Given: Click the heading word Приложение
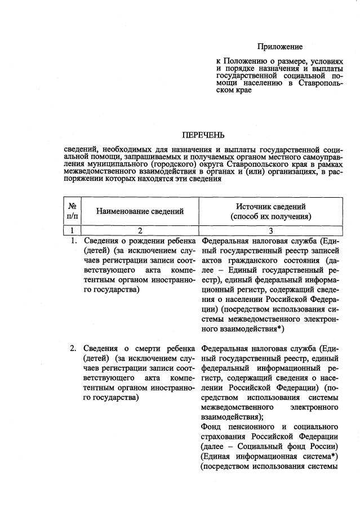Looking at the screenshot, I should coord(280,47).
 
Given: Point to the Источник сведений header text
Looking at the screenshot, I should coord(270,207).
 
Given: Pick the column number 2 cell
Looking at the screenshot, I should coord(140,230).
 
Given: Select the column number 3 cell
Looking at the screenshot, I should coord(270,230).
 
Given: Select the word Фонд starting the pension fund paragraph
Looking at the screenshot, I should coord(211,427).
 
